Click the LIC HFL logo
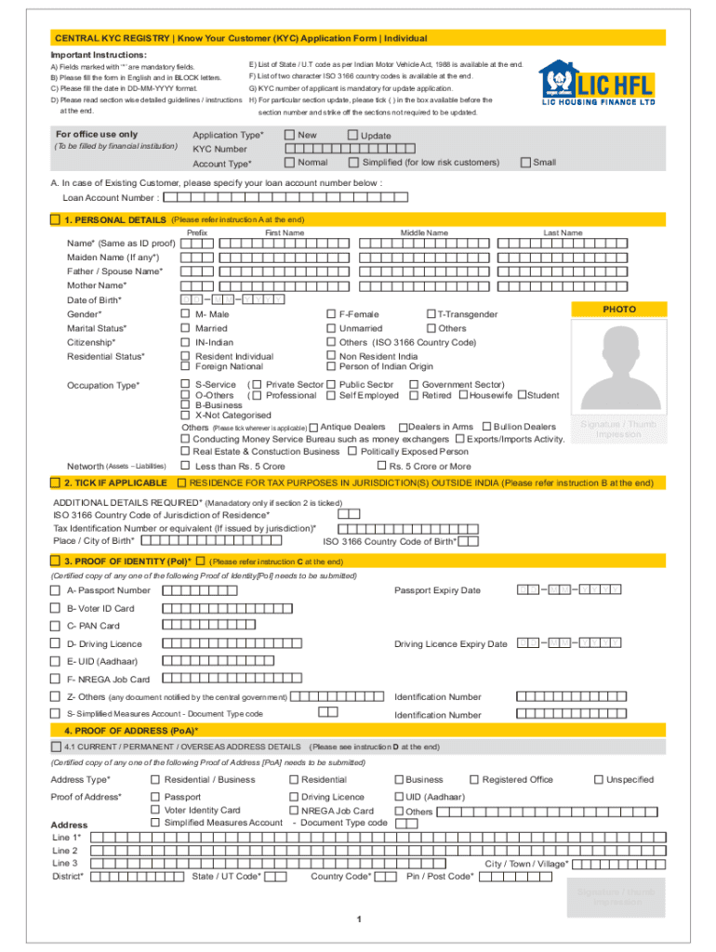[595, 84]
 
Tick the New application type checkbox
[289, 135]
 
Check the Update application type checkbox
[352, 135]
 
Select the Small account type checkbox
[524, 162]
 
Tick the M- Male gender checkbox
[185, 314]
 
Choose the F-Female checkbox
[330, 314]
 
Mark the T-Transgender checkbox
[431, 314]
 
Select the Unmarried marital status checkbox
[330, 328]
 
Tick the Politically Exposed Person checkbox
[352, 451]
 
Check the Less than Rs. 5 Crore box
[185, 466]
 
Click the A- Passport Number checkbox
[55, 590]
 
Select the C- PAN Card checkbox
[55, 626]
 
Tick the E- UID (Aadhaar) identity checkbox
[55, 661]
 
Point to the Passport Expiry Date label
[437, 590]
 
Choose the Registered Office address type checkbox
[474, 779]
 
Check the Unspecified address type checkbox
[599, 779]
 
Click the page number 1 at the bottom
[358, 919]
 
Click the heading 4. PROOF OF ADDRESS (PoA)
[130, 731]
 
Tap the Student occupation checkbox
[522, 395]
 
